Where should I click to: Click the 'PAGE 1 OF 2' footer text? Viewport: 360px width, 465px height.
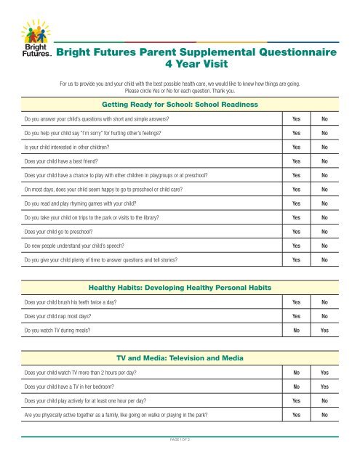(x=180, y=440)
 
